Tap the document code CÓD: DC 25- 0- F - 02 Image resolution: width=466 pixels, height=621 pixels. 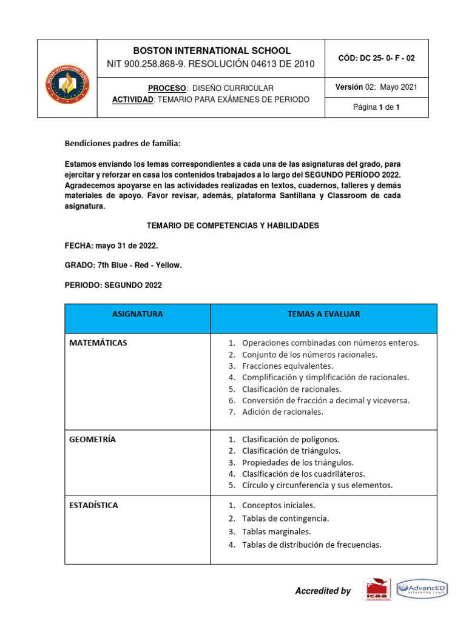(x=376, y=58)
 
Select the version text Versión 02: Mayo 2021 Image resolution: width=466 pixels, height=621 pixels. (x=376, y=87)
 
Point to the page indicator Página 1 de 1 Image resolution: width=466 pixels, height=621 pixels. (x=376, y=107)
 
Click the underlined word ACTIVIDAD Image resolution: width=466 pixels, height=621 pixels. (x=133, y=99)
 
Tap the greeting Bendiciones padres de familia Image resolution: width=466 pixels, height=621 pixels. (x=123, y=144)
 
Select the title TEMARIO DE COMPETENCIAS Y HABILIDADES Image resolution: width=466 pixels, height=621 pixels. (x=233, y=225)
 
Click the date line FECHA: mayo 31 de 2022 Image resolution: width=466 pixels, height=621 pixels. (x=112, y=245)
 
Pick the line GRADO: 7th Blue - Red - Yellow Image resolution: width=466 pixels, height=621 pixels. (x=123, y=265)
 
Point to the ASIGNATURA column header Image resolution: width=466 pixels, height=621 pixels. (x=137, y=314)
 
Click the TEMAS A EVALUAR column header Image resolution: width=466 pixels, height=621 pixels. (x=323, y=314)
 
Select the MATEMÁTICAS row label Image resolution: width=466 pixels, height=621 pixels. (x=98, y=343)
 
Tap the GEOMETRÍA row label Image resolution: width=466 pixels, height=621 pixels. (x=93, y=439)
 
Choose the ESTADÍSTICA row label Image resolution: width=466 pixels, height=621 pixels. (x=94, y=505)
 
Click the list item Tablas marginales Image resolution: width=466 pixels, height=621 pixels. (x=276, y=531)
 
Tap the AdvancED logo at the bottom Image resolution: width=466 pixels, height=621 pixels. (x=422, y=589)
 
